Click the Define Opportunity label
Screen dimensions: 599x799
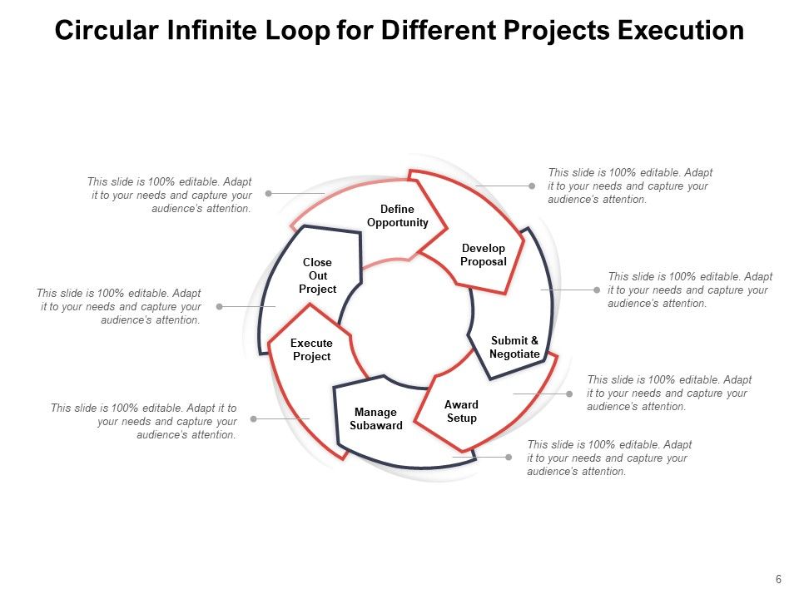[x=397, y=215]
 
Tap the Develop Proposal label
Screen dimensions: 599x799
[x=484, y=255]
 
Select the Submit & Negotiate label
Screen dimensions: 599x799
[x=514, y=347]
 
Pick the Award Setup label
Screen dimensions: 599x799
[x=461, y=411]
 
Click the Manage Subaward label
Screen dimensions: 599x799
[x=376, y=418]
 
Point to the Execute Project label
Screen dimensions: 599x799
[x=311, y=349]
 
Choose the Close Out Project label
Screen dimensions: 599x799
[x=317, y=275]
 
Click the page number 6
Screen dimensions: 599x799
[x=778, y=580]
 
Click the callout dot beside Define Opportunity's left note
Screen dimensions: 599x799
[x=269, y=193]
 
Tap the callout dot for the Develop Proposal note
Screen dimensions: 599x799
[x=532, y=186]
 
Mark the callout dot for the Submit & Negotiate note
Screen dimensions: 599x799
[x=597, y=290]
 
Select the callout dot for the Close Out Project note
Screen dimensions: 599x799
[x=220, y=306]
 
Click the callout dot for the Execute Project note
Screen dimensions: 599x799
[x=254, y=418]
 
